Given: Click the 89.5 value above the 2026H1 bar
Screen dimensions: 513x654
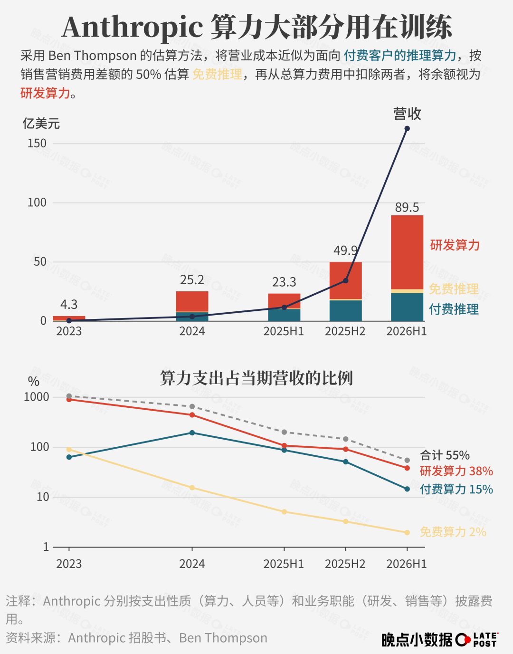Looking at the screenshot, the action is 407,208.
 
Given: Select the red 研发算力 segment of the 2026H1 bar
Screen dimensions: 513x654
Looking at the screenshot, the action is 407,252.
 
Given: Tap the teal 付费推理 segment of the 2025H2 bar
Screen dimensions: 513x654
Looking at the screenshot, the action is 345,310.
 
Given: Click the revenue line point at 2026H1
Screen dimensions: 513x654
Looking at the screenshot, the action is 407,128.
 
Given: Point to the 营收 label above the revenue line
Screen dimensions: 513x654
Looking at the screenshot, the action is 407,114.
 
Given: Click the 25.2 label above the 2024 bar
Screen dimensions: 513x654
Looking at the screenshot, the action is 192,280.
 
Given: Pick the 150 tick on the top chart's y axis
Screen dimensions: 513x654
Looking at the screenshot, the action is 37,143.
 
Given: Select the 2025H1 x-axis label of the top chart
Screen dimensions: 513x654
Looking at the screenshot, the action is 284,331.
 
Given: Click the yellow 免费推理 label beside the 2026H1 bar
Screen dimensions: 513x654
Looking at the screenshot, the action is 454,289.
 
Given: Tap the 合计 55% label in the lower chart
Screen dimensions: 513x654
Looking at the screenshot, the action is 445,455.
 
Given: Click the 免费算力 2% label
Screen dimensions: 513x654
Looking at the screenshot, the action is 453,532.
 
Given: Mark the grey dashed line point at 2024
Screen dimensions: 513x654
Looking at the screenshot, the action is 192,406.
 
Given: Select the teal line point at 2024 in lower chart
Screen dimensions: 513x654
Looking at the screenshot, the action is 192,433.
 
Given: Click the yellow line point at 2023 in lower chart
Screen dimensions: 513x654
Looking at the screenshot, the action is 69,449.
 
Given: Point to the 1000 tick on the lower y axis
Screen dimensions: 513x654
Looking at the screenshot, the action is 37,397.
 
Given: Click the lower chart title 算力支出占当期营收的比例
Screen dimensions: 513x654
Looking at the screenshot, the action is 256,378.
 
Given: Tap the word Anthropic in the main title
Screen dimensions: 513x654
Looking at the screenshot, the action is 133,28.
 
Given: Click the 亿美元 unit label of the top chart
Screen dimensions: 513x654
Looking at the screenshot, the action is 41,124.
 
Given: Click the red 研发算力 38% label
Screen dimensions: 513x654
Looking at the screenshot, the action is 456,471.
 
